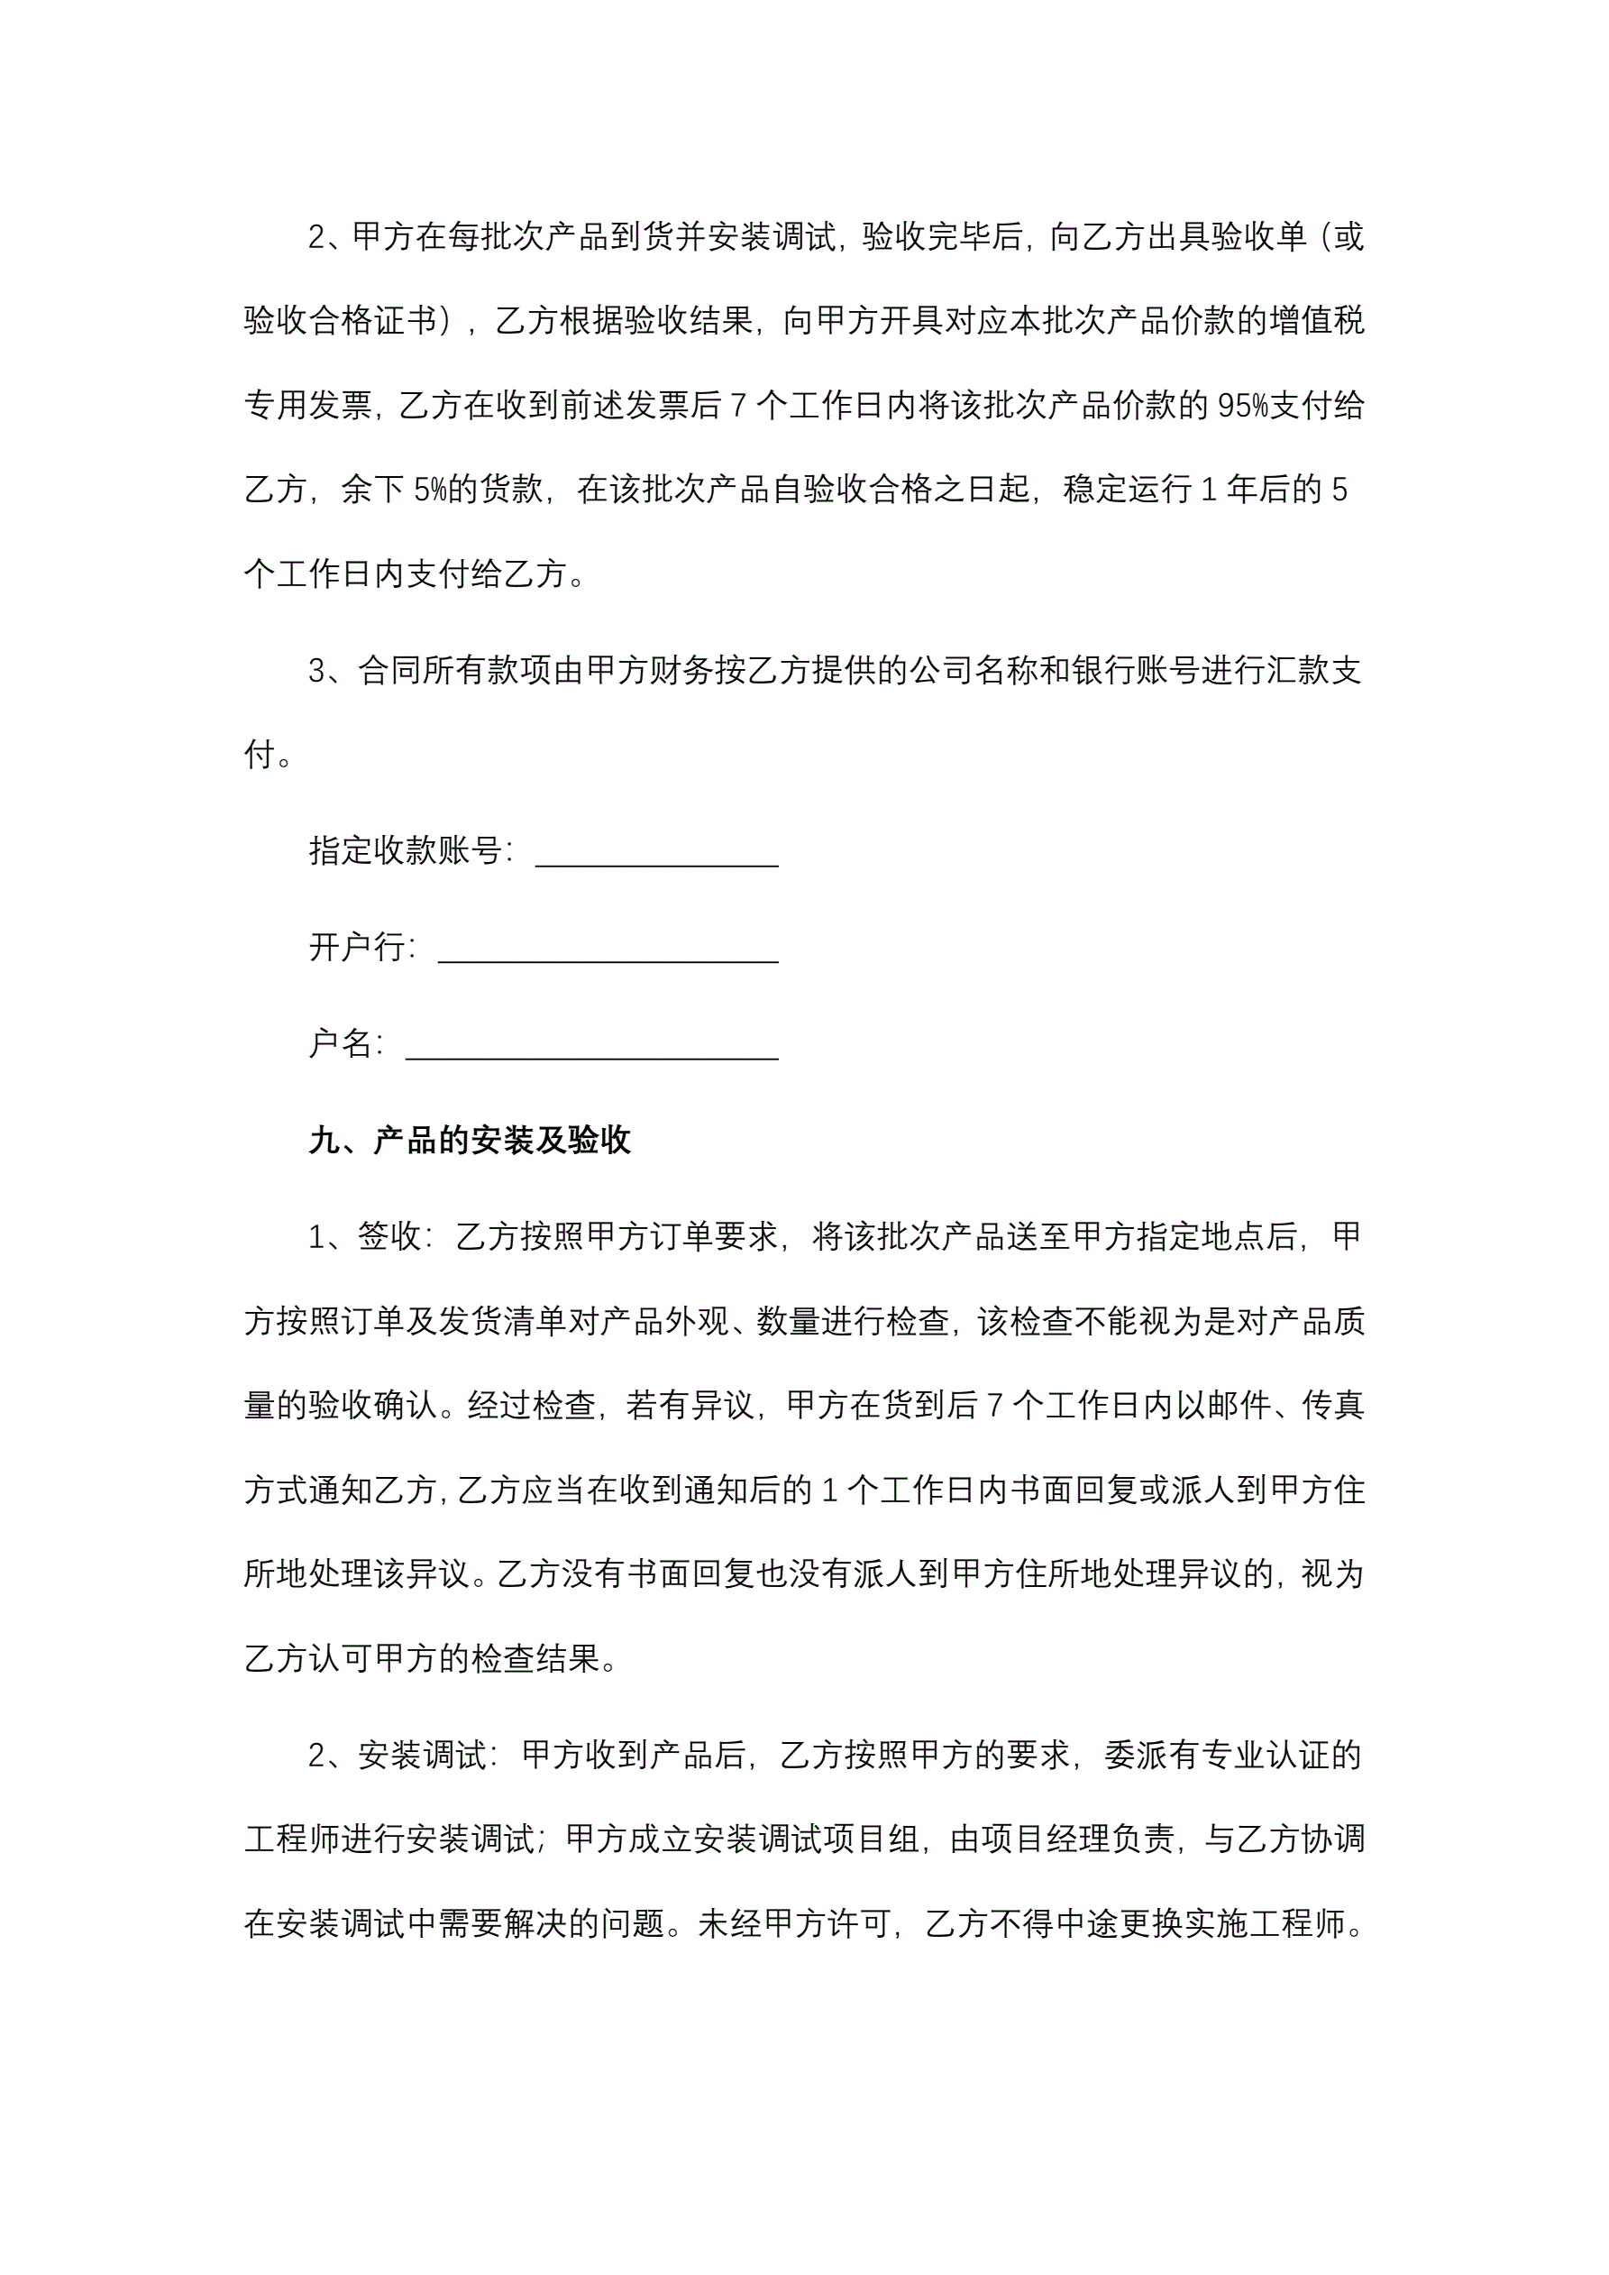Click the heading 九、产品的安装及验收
point(470,1141)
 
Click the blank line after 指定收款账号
point(656,853)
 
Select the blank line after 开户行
point(608,949)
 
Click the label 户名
point(341,1043)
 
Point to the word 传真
point(1332,1406)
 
